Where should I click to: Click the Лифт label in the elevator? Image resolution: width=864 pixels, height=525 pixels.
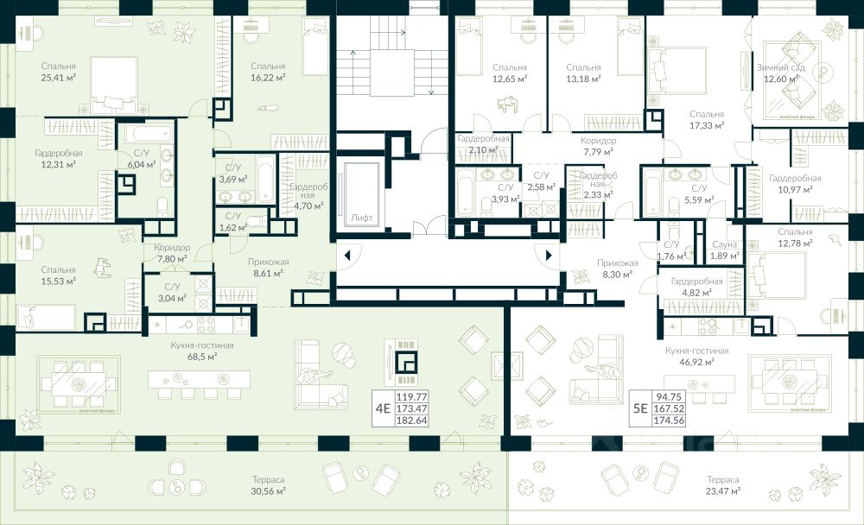point(363,218)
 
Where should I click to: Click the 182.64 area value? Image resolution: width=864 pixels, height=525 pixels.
point(411,421)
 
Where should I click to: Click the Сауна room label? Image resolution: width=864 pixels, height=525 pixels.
point(724,244)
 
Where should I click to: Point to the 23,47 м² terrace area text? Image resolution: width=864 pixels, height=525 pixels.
point(721,490)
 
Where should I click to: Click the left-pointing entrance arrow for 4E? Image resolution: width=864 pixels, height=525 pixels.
point(346,255)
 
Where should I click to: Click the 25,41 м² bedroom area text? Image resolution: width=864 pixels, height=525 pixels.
point(58,77)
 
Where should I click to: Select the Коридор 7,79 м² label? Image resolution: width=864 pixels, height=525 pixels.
point(598,146)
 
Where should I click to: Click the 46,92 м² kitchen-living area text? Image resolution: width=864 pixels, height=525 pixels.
point(697,363)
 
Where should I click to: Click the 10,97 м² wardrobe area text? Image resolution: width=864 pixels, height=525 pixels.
point(794,189)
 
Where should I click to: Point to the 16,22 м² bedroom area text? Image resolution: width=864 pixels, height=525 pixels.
point(268,77)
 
